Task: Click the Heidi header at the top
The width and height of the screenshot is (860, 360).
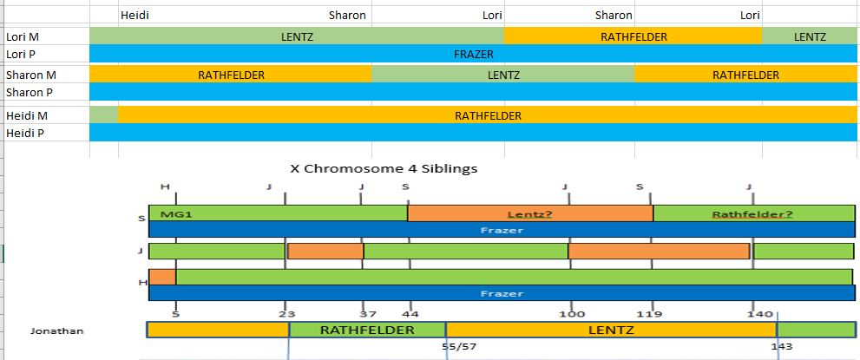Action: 135,15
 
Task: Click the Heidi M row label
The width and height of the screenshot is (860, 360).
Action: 27,115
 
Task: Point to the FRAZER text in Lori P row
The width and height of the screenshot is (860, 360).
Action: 474,55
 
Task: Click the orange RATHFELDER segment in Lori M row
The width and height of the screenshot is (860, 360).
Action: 634,37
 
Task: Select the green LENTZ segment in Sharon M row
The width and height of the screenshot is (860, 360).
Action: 503,75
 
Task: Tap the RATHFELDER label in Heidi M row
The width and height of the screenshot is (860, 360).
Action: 488,115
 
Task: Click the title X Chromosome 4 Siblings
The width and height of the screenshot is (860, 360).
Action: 383,168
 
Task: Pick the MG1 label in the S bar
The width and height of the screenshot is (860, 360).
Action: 170,214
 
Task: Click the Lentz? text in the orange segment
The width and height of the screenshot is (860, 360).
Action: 529,214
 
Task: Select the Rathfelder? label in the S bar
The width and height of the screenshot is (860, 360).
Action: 752,214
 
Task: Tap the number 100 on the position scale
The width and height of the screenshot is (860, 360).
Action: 571,314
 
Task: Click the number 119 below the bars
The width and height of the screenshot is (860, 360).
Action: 650,314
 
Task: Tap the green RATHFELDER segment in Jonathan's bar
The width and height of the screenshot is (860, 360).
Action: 367,331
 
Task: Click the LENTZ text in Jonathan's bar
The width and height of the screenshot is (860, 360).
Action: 611,331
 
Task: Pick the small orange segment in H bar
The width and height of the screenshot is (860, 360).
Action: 162,277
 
